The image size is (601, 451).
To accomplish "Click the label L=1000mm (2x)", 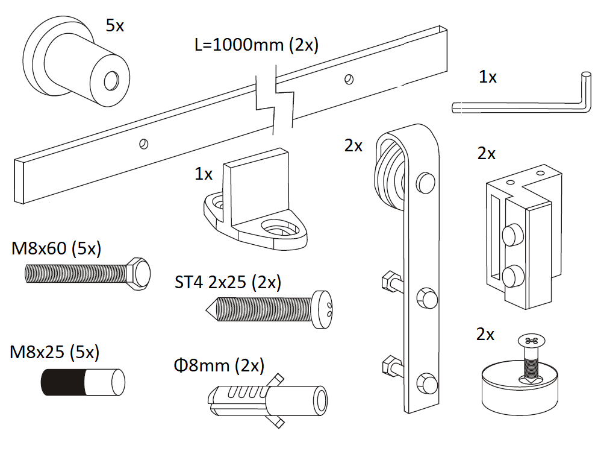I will point(257,45).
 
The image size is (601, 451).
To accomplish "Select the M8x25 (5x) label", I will point(55,352).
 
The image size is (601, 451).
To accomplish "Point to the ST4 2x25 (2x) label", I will point(228,282).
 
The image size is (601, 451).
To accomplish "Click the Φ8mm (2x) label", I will point(218,365).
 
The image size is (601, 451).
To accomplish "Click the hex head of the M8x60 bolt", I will point(137,274).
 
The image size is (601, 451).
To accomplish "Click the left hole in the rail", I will point(143,143).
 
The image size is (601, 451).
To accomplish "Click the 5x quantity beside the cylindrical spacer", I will point(116,25).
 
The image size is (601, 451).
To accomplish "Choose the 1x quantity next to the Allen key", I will point(488,77).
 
